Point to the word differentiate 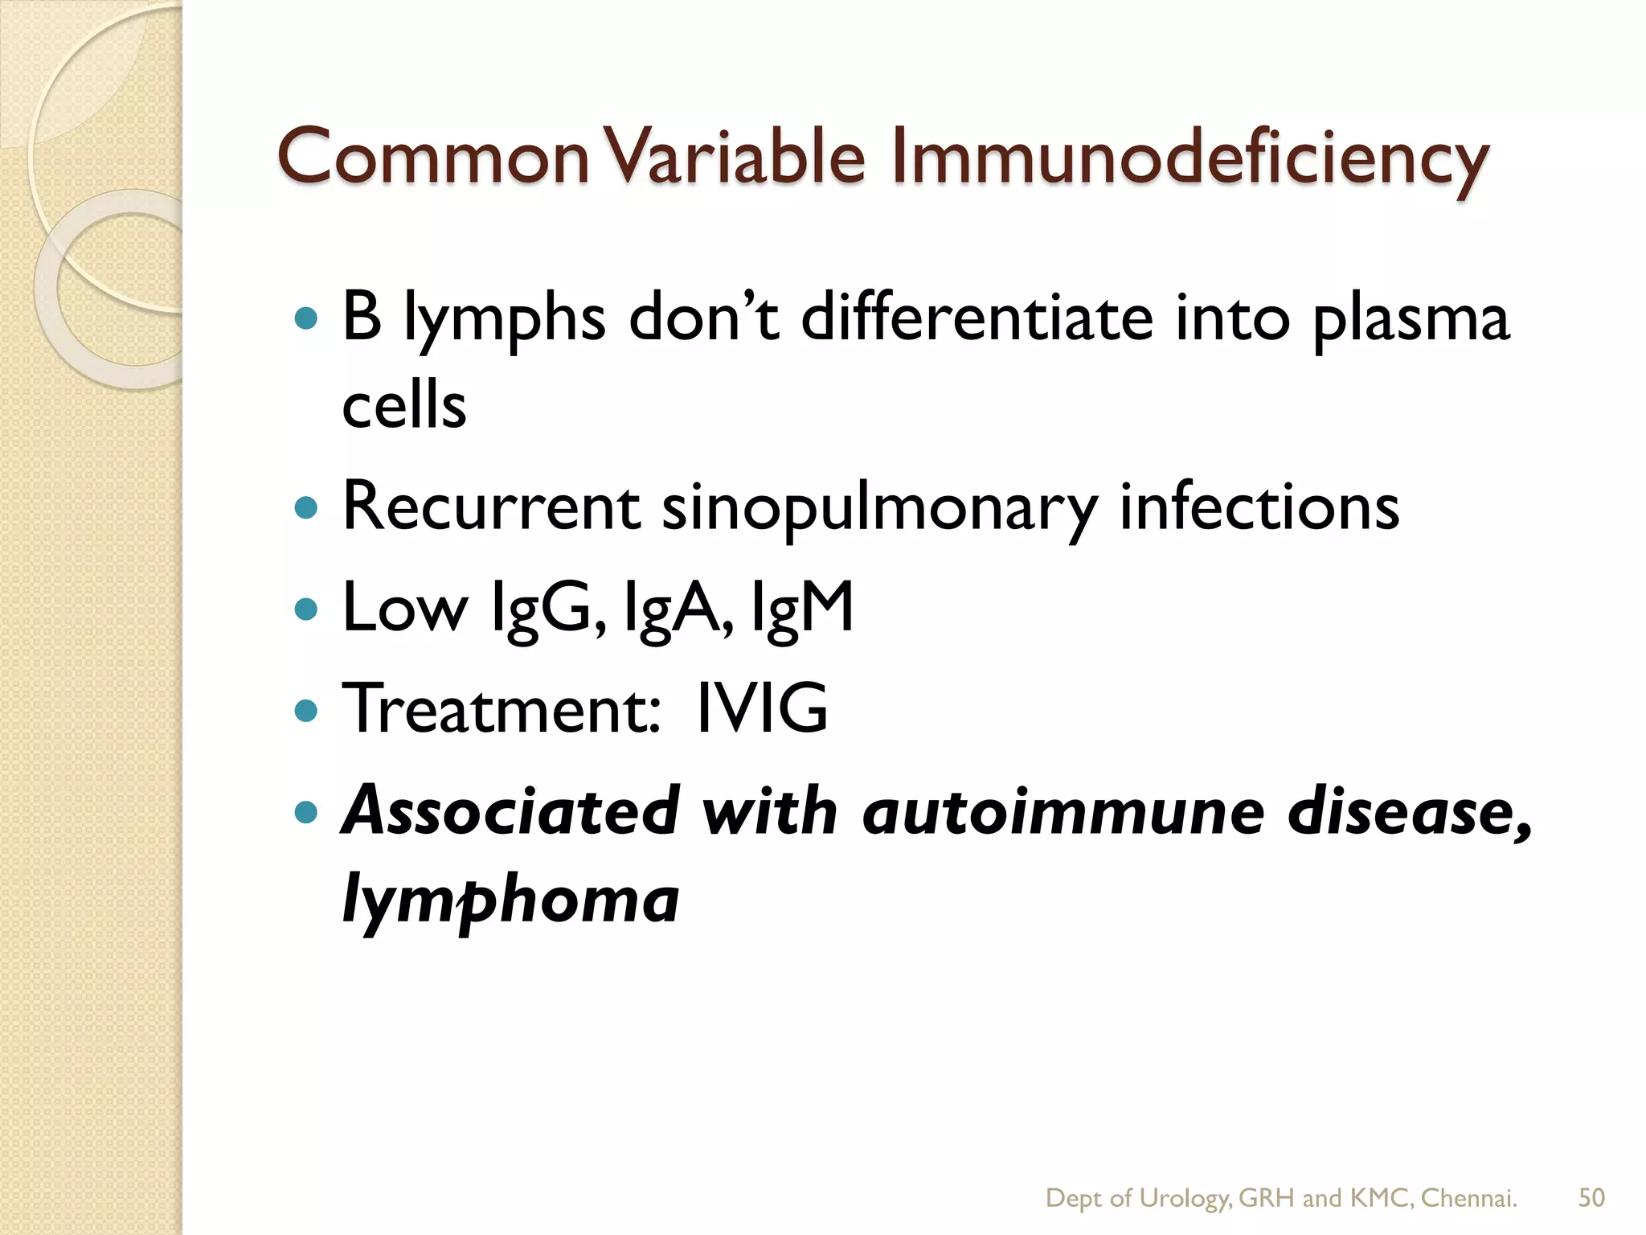coord(977,318)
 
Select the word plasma coord(1411,322)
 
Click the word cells coord(403,405)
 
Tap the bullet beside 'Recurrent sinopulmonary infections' coord(306,508)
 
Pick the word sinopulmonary coord(879,510)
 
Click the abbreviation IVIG coord(761,708)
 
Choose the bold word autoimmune coord(1063,811)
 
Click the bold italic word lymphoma coord(510,901)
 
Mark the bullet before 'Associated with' coord(306,812)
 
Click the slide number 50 coord(1591,1198)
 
